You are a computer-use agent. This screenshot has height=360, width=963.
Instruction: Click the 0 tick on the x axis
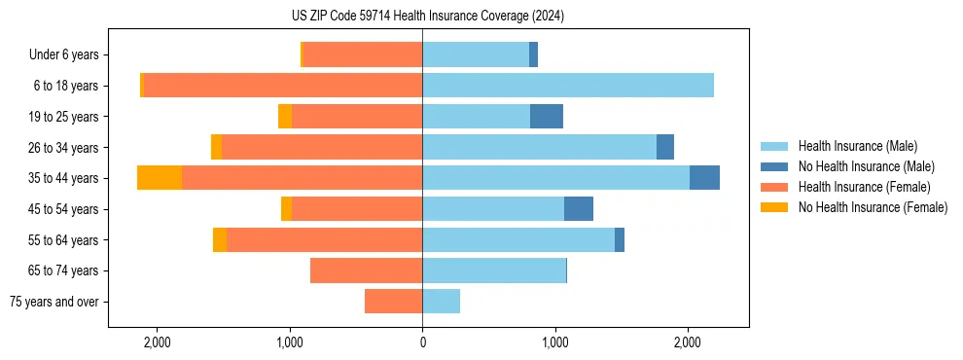click(x=422, y=342)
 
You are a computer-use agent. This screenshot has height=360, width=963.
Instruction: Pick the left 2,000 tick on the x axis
click(x=157, y=342)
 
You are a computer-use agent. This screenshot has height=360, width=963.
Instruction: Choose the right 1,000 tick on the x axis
click(x=554, y=342)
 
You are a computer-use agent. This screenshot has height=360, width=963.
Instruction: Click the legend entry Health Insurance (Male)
click(x=857, y=146)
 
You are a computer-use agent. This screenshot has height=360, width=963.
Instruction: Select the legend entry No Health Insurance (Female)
click(x=873, y=207)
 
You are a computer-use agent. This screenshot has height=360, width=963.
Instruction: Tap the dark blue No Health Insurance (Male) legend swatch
click(x=775, y=166)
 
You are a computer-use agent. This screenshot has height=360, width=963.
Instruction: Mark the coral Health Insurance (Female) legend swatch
click(x=775, y=187)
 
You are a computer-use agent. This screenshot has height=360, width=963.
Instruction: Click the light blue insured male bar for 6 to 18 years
click(x=568, y=86)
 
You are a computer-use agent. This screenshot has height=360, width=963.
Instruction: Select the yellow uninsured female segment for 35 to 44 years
click(x=160, y=178)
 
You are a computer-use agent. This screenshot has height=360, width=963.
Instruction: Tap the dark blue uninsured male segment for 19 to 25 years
click(x=547, y=117)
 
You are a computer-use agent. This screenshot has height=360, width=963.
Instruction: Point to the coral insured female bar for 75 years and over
click(x=393, y=302)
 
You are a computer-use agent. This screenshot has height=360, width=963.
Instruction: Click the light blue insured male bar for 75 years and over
click(x=441, y=302)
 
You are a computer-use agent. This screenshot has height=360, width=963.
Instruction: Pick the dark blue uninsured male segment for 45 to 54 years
click(x=579, y=209)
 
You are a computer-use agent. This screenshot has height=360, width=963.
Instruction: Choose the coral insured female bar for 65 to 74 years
click(x=366, y=270)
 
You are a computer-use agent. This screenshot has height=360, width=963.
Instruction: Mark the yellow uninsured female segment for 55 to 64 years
click(x=220, y=240)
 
